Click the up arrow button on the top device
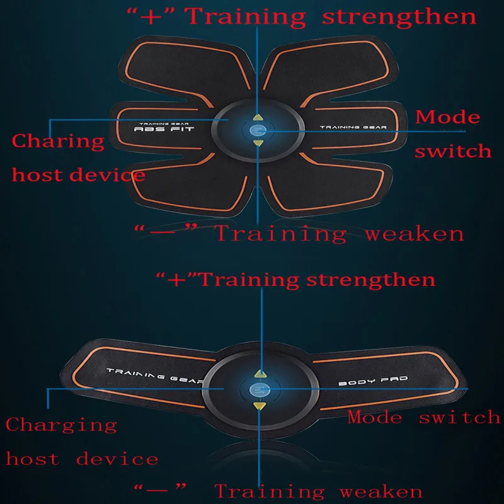(x=258, y=117)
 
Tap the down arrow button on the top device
(x=258, y=143)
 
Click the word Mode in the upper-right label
(x=447, y=117)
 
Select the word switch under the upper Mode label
(x=452, y=151)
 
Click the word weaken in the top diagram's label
(x=414, y=234)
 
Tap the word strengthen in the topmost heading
(x=399, y=16)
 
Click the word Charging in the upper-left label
(x=58, y=140)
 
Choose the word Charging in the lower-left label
(x=61, y=425)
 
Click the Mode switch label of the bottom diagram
(x=423, y=416)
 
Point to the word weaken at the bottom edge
(x=381, y=491)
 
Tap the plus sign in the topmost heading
(x=150, y=16)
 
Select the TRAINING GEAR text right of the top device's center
(x=352, y=128)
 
